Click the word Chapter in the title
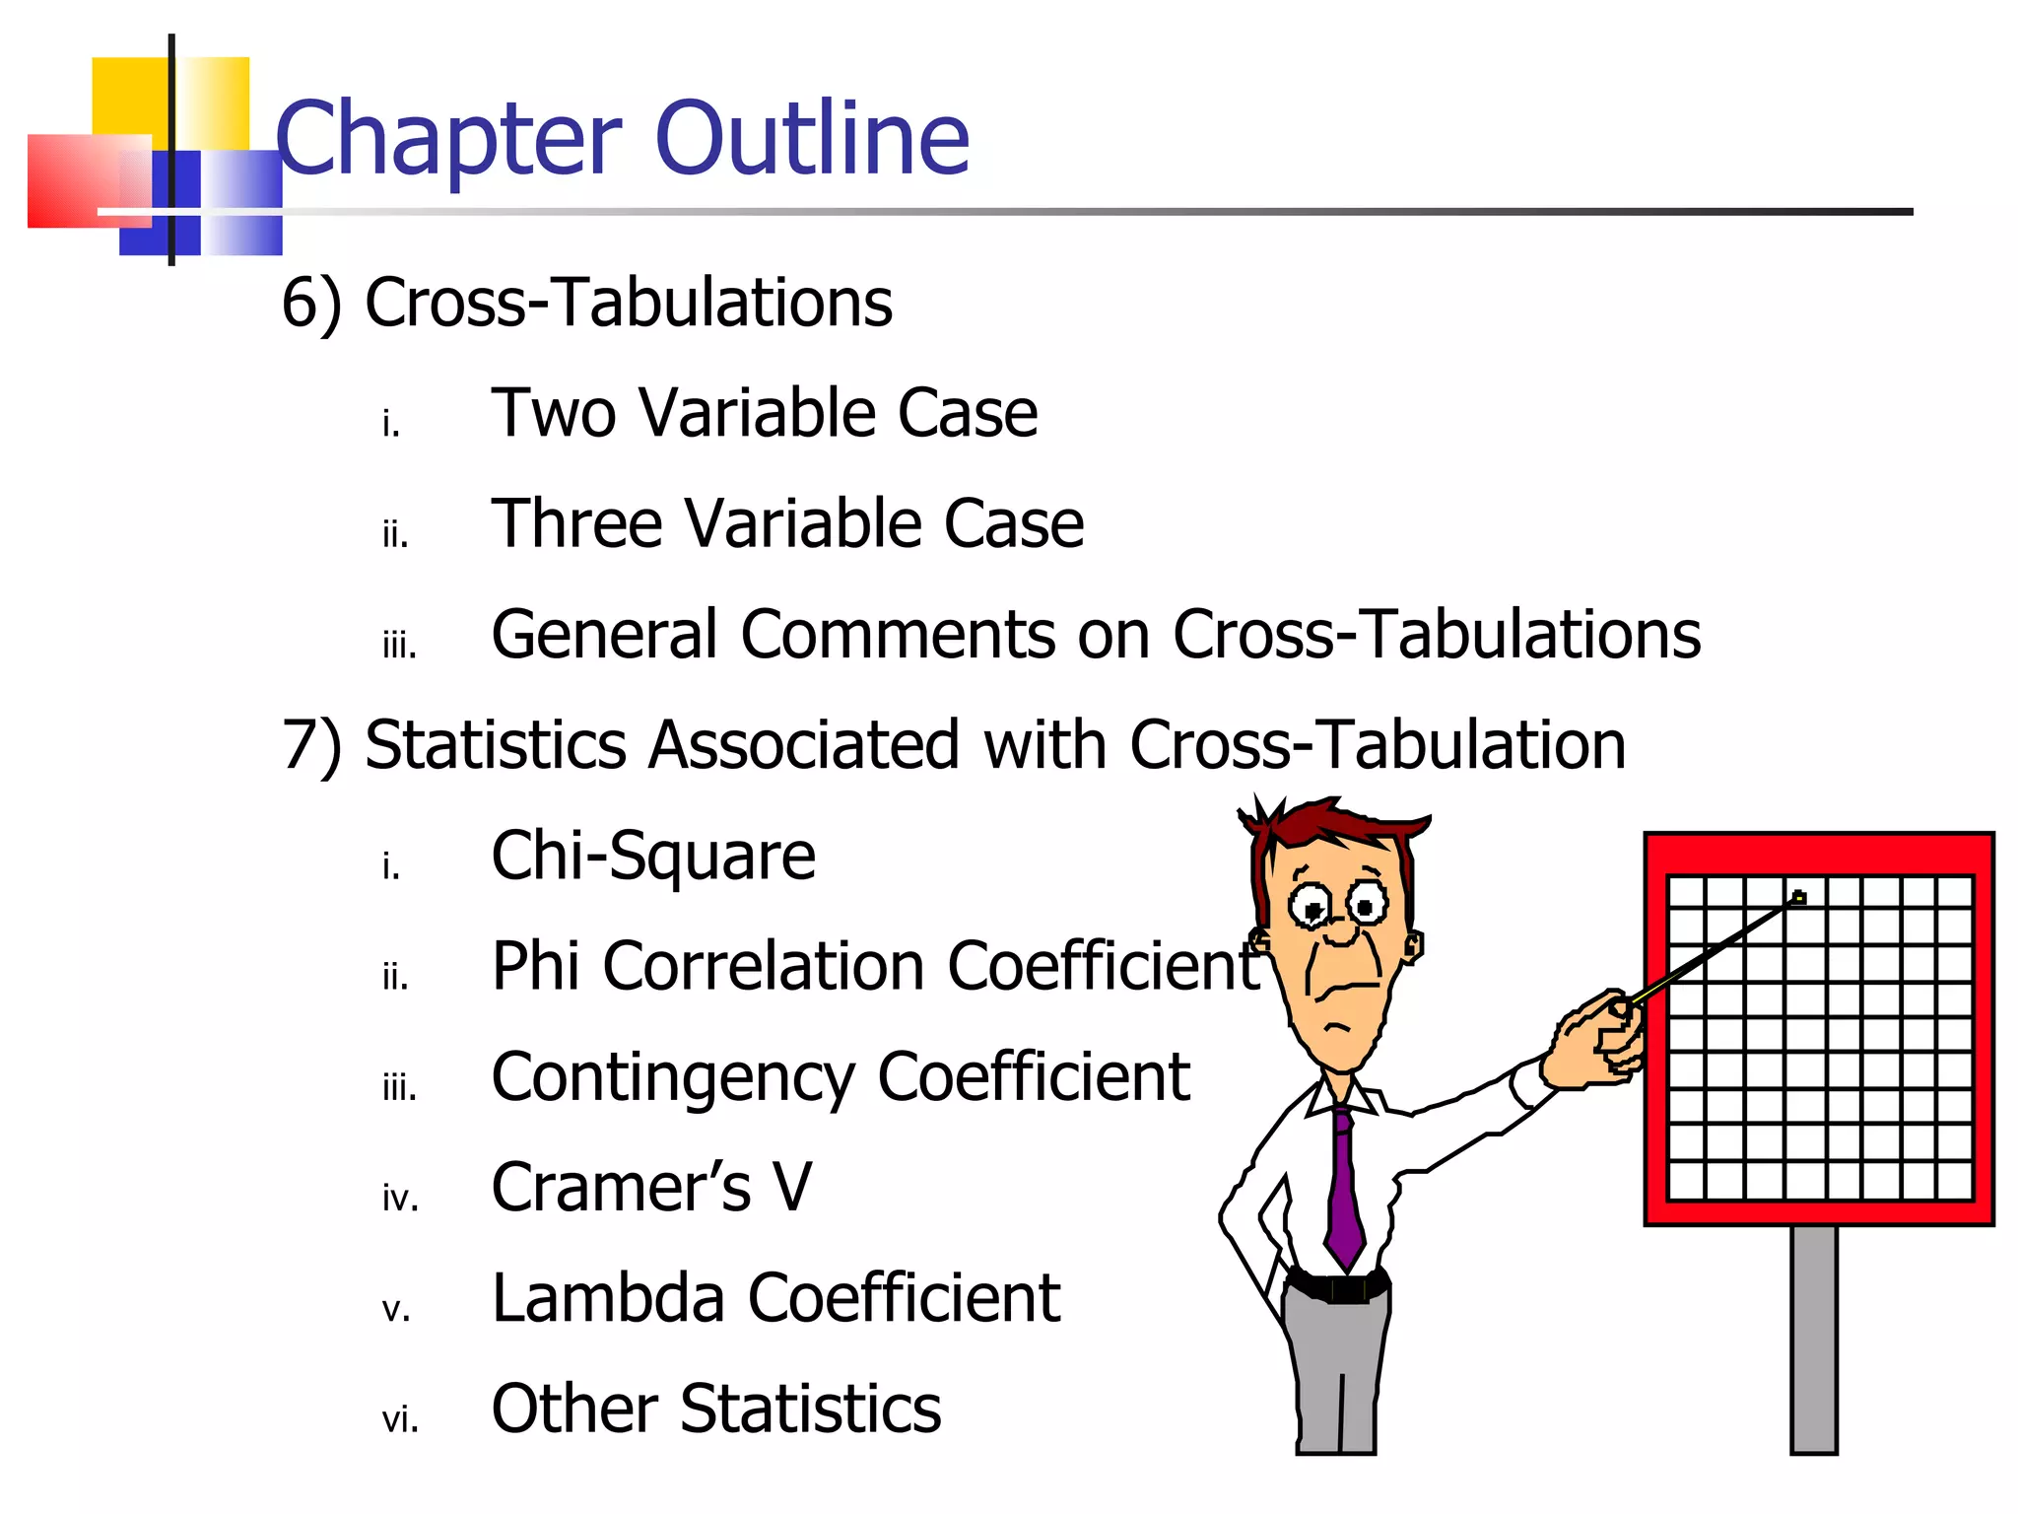[x=448, y=140]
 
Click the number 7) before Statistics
[x=311, y=745]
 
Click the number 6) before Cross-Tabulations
[x=311, y=303]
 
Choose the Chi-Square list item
[x=652, y=856]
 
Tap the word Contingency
[x=672, y=1078]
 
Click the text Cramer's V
[x=651, y=1187]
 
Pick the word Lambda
[x=608, y=1298]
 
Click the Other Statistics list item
[x=715, y=1409]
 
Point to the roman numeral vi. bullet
[x=399, y=1420]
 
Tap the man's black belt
[x=1338, y=1287]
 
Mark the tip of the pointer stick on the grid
[x=1798, y=898]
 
